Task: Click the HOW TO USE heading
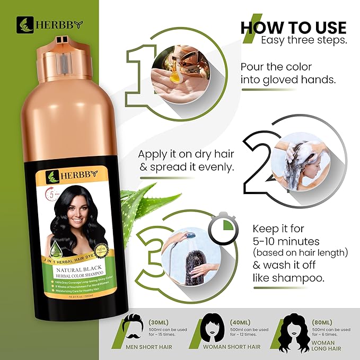[x=293, y=27]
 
